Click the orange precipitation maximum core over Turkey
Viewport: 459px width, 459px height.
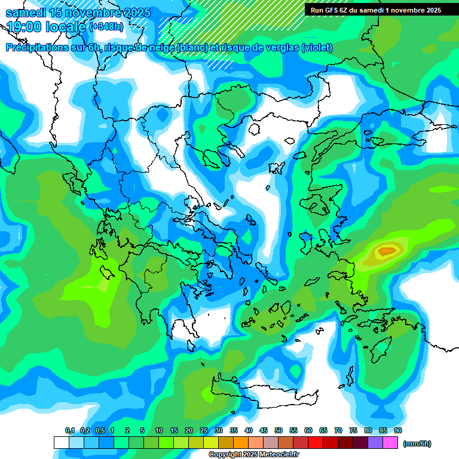click(x=387, y=250)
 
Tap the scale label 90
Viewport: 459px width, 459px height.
click(x=398, y=430)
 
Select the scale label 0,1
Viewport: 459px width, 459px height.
click(x=70, y=430)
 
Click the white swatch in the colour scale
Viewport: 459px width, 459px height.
click(x=61, y=442)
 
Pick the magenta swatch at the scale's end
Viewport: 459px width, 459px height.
click(x=390, y=442)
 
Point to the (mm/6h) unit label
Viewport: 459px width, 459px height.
click(x=417, y=443)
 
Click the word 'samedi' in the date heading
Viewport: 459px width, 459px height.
click(x=26, y=13)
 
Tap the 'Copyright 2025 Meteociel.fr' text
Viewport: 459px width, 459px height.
click(x=253, y=455)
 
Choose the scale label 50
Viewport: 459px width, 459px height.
click(x=279, y=430)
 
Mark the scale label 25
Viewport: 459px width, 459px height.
click(x=204, y=430)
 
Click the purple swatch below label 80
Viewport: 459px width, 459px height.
click(x=375, y=442)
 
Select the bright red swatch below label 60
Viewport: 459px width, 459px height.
click(x=316, y=442)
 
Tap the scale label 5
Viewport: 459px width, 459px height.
click(x=142, y=430)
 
